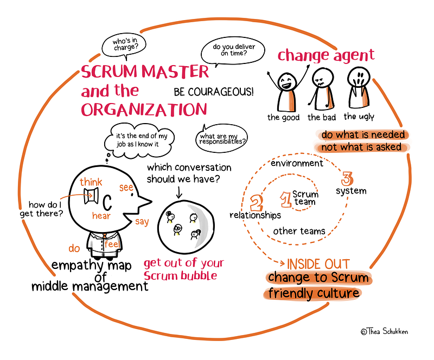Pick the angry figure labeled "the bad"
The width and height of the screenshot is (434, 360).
tap(321, 91)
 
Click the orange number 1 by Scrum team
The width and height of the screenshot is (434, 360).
tap(284, 198)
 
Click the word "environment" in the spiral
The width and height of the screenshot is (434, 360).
tap(297, 163)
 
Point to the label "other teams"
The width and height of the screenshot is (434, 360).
tap(299, 231)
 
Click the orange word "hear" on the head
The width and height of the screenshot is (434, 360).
tap(102, 215)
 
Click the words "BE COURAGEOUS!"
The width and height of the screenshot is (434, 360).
tap(213, 92)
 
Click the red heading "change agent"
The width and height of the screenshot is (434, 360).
tap(325, 55)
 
